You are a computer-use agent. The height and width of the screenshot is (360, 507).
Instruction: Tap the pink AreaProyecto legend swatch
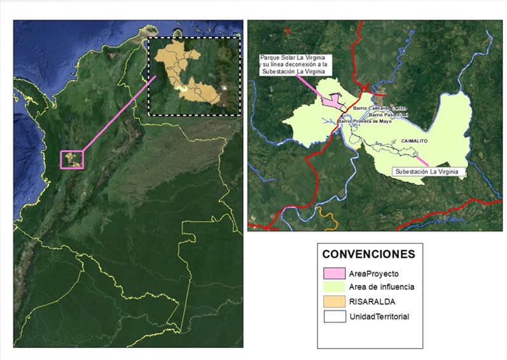pyautogui.click(x=333, y=273)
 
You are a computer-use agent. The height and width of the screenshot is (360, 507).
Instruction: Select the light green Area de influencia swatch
pyautogui.click(x=333, y=287)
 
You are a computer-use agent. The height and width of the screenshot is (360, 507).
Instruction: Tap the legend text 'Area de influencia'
pyautogui.click(x=380, y=287)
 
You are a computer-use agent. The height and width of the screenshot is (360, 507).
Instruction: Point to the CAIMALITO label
pyautogui.click(x=415, y=140)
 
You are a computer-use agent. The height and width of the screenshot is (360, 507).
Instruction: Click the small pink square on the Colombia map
pyautogui.click(x=71, y=160)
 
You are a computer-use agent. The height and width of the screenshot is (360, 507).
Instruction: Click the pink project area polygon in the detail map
pyautogui.click(x=334, y=100)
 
